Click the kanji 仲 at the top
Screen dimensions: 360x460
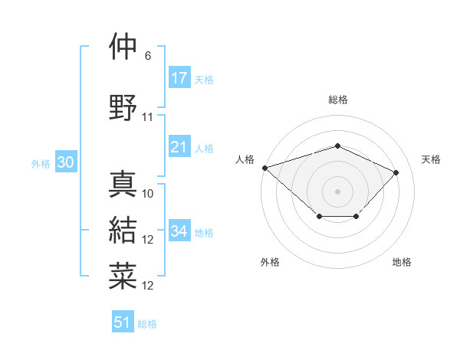(123, 47)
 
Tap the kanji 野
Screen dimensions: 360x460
(123, 106)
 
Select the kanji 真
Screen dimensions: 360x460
(123, 184)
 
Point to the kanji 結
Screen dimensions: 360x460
(123, 231)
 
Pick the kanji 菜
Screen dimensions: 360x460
(123, 277)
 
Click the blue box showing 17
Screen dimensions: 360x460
(179, 78)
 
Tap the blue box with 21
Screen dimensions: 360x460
(179, 148)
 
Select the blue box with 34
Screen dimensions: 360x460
(179, 231)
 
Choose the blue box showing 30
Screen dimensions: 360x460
(65, 163)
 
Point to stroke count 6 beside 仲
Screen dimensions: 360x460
(147, 56)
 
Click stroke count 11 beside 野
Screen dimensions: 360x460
(148, 116)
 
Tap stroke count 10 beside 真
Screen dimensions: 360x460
(148, 193)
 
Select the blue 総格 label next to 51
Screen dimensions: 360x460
(147, 324)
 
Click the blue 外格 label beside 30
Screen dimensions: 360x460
(41, 164)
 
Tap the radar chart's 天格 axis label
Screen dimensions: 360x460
(432, 159)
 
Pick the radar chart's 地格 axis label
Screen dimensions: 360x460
(402, 262)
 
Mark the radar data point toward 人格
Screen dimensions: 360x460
(264, 167)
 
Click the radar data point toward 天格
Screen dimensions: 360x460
(396, 172)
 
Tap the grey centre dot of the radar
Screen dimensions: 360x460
(337, 191)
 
